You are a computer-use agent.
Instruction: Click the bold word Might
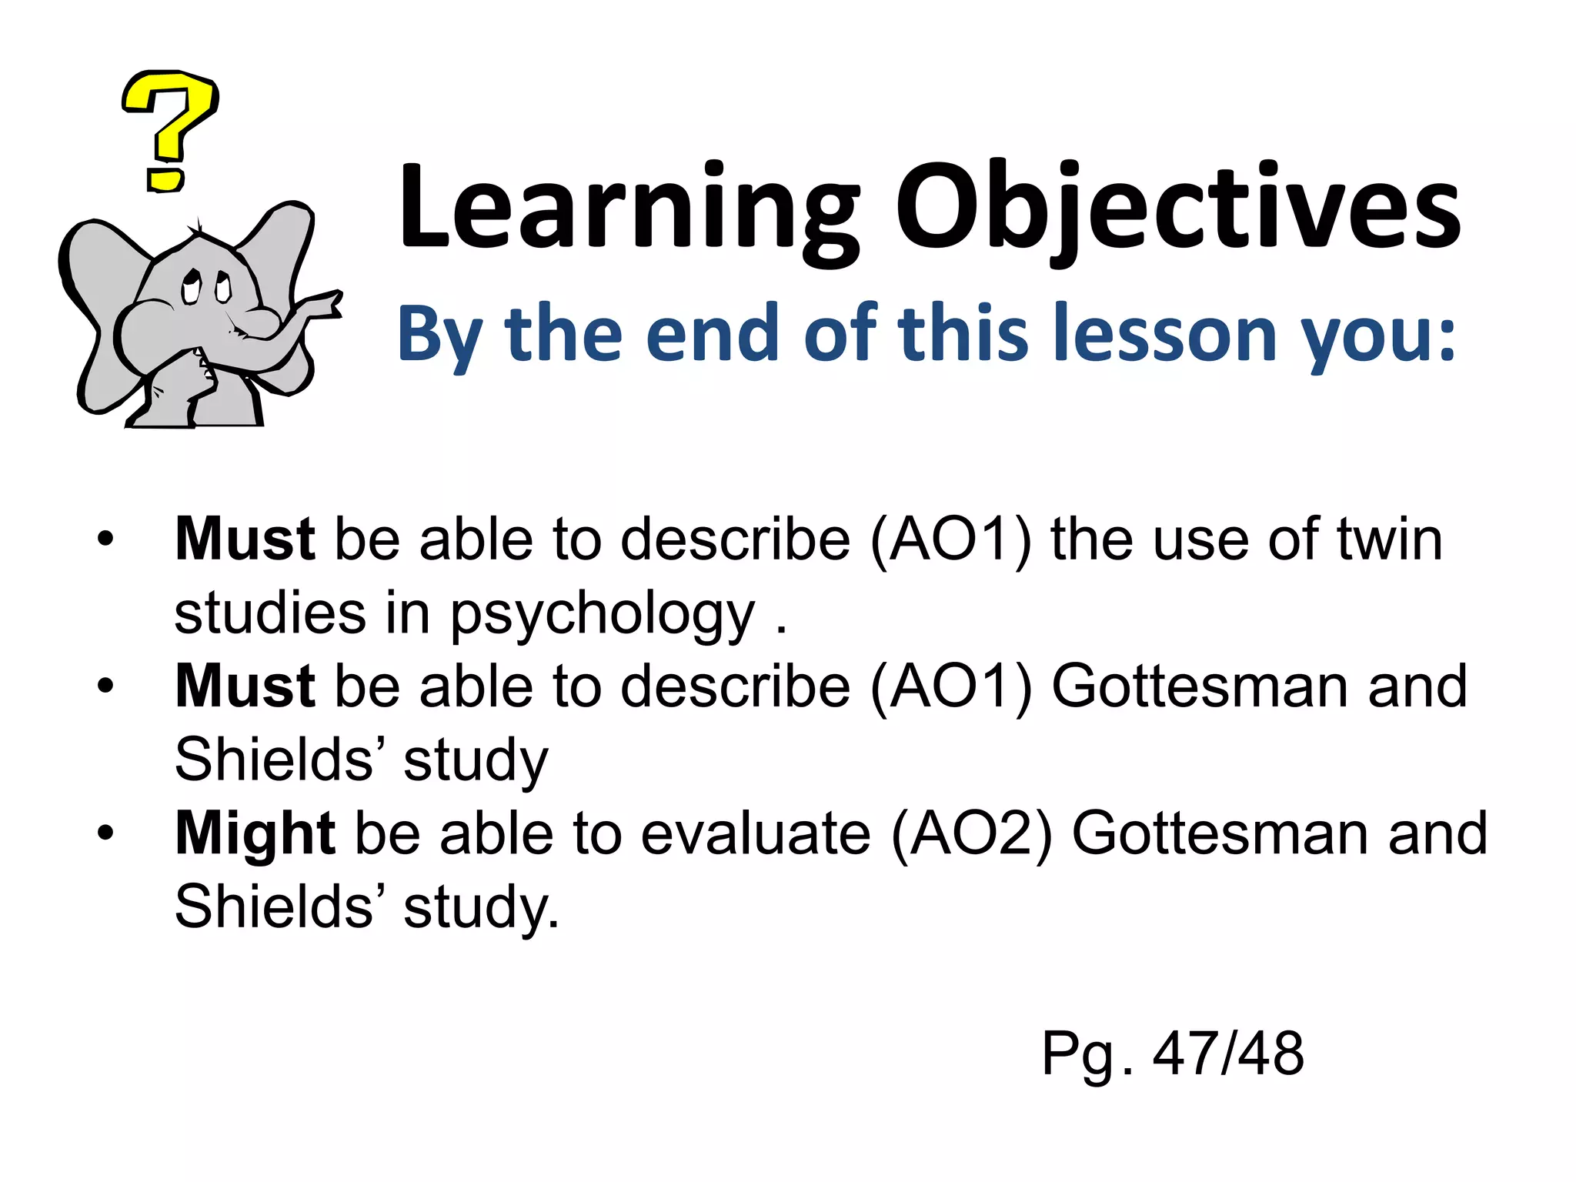coord(255,834)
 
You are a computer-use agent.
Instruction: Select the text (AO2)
coord(971,834)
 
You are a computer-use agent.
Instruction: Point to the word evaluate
coord(756,834)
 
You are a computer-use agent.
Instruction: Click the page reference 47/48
coord(1228,1053)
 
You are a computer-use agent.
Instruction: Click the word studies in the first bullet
coord(270,613)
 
